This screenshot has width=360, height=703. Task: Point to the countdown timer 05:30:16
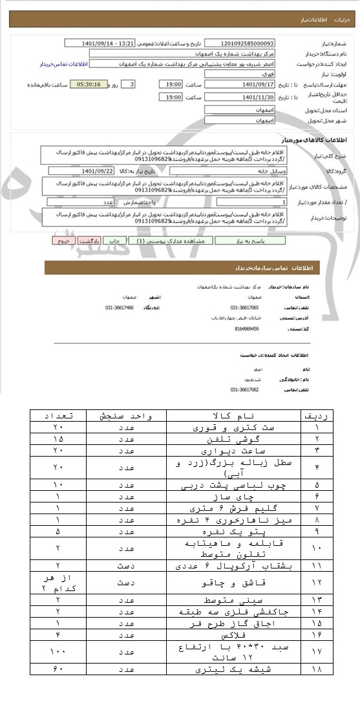coord(89,85)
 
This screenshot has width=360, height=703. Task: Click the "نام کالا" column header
coord(233,416)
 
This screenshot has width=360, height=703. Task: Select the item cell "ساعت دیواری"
coord(233,449)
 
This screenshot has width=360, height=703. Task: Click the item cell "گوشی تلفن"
coord(233,438)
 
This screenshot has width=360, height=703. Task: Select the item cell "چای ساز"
coord(233,497)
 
